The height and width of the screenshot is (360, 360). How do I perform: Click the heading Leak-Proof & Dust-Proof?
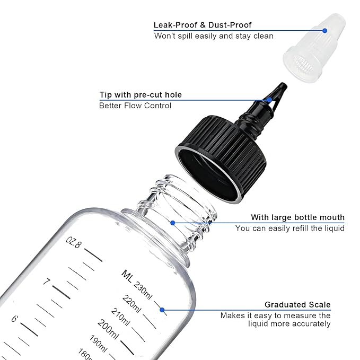(203, 25)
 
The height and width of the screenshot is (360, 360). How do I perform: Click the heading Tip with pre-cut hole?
(141, 95)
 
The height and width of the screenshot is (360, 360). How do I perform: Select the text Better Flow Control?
(135, 106)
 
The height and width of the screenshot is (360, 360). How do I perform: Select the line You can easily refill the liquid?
(289, 228)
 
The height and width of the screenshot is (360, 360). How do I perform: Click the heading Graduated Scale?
(297, 305)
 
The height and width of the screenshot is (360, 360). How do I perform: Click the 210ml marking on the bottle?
(121, 317)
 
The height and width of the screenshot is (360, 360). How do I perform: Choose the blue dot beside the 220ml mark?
(162, 310)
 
